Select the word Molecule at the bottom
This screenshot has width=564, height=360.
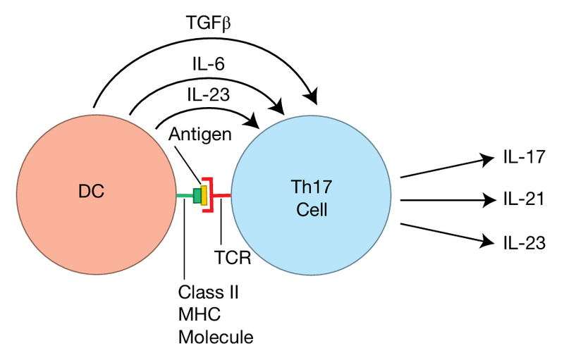pyautogui.click(x=215, y=337)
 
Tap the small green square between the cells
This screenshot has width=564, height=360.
pyautogui.click(x=197, y=195)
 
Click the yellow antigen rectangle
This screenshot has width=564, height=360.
pyautogui.click(x=204, y=195)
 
